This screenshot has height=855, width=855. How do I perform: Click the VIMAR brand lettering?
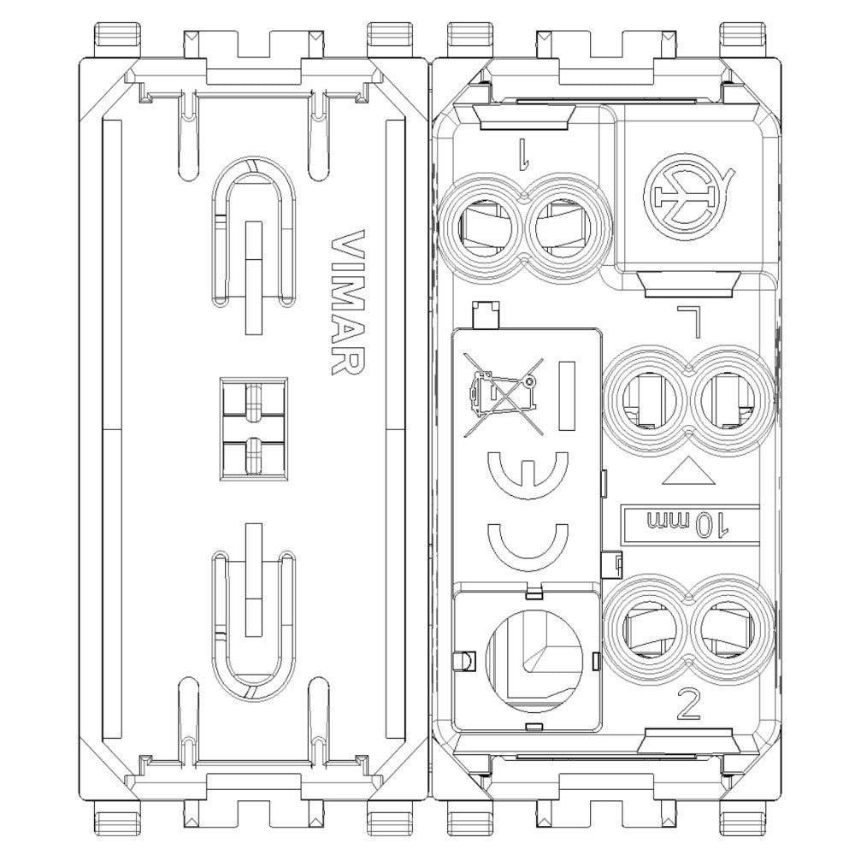click(x=348, y=303)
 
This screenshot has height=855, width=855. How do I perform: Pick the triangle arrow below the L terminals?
click(x=688, y=472)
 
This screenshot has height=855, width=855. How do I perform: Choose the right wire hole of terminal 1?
click(x=562, y=228)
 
